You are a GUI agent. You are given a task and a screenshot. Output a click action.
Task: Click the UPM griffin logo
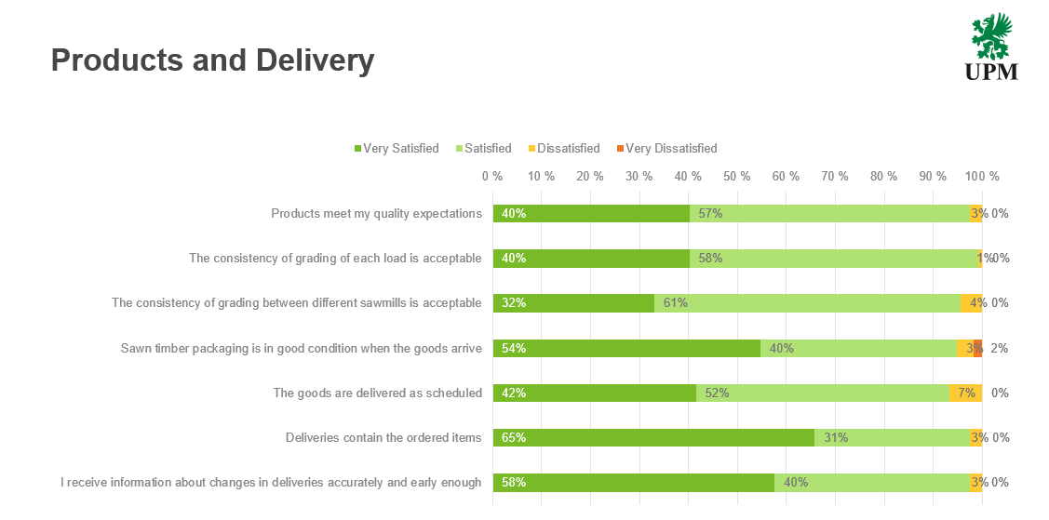tap(991, 47)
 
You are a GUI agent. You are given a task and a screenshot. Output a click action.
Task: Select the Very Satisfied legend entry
tap(396, 148)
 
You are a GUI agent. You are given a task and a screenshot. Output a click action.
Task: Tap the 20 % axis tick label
tap(590, 176)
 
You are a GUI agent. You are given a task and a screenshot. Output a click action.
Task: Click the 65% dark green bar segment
tap(653, 437)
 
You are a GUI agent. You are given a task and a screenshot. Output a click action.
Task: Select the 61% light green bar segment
tap(806, 302)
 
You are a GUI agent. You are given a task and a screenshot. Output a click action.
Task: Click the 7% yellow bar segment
tap(965, 393)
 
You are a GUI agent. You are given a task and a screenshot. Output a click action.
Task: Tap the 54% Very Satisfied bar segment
tap(626, 348)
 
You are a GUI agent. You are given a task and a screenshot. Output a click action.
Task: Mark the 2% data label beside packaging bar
tap(1000, 348)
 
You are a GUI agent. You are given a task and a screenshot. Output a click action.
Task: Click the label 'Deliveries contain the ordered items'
tap(383, 437)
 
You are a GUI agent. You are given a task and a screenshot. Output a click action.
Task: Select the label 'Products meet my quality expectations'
tap(376, 213)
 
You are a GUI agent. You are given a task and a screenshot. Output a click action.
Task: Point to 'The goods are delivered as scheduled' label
tap(377, 393)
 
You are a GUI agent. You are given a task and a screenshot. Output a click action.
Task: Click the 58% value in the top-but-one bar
tap(710, 258)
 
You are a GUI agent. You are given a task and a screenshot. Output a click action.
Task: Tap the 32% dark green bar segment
tap(573, 302)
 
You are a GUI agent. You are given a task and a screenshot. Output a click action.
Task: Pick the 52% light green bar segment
tap(822, 393)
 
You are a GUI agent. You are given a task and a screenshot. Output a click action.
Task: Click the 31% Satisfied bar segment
tap(891, 437)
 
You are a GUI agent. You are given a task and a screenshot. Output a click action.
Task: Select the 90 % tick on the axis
tap(933, 176)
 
